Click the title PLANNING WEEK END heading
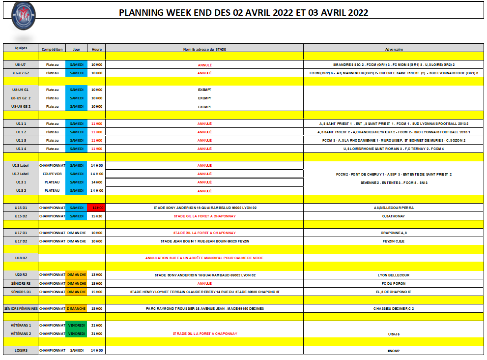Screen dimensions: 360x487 pos(243,13)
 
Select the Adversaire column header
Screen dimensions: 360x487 pos(394,49)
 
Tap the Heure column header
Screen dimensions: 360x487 pos(97,49)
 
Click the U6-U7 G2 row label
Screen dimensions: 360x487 pos(21,73)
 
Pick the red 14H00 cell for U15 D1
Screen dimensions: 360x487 pos(97,208)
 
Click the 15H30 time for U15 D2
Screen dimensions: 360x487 pos(97,216)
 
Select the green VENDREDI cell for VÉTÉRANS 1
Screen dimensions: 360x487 pos(77,325)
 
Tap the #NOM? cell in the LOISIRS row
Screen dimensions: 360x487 pos(394,351)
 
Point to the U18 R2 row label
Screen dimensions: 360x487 pos(21,258)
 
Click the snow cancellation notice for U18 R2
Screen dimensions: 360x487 pos(204,258)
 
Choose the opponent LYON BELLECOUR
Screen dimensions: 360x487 pos(394,275)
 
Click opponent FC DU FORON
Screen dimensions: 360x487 pos(394,283)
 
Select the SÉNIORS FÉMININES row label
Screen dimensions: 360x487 pos(21,308)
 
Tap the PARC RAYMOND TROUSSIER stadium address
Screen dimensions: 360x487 pos(204,308)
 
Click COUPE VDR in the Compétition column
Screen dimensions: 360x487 pos(52,174)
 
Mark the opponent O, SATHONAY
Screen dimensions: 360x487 pos(394,216)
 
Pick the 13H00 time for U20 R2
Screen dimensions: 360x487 pos(97,275)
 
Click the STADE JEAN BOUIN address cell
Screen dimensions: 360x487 pos(204,241)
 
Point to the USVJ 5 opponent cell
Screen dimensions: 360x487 pos(394,333)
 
